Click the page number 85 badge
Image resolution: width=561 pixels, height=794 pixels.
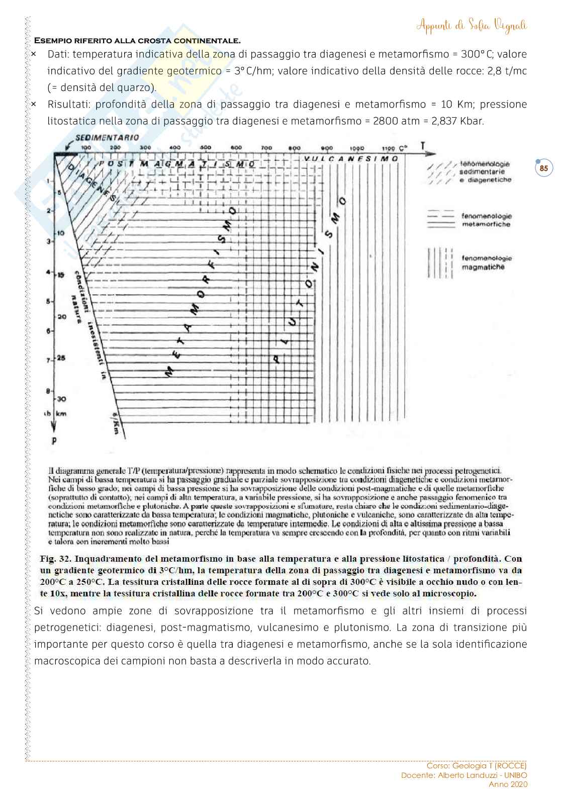coord(543,168)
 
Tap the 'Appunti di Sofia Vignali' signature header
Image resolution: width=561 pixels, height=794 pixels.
coord(472,26)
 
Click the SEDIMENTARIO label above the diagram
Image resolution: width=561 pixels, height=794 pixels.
coord(107,137)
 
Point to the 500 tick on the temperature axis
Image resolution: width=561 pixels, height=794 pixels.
coord(205,148)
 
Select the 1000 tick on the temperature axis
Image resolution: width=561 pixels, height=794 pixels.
coord(357,148)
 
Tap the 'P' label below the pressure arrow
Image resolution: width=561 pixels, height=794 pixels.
coord(54,442)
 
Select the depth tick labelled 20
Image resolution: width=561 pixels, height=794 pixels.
coord(61,317)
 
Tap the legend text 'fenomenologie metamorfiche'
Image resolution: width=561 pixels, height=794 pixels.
coord(486,220)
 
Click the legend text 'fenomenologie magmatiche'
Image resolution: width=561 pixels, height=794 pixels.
coord(486,262)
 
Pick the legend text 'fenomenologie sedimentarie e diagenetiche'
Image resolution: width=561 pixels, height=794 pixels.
coord(485,171)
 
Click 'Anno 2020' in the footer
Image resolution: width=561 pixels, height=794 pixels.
coord(508,784)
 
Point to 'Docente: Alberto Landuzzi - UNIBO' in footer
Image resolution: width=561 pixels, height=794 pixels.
coord(463,775)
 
